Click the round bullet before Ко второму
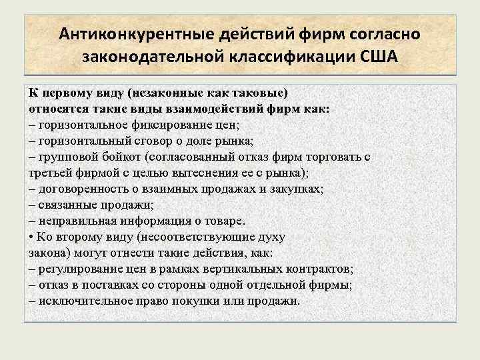31,237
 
